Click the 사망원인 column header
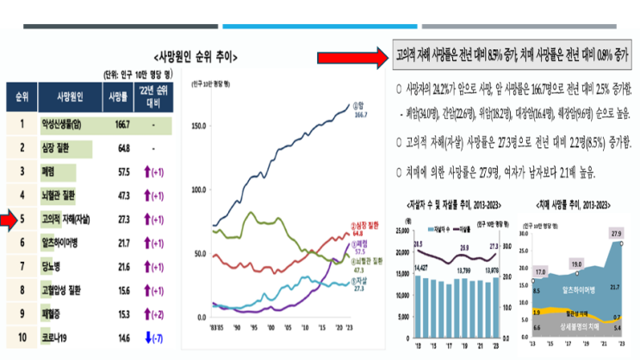(x=65, y=96)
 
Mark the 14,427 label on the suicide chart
(x=422, y=270)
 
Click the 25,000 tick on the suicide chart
(x=402, y=230)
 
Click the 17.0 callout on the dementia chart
(x=540, y=272)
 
